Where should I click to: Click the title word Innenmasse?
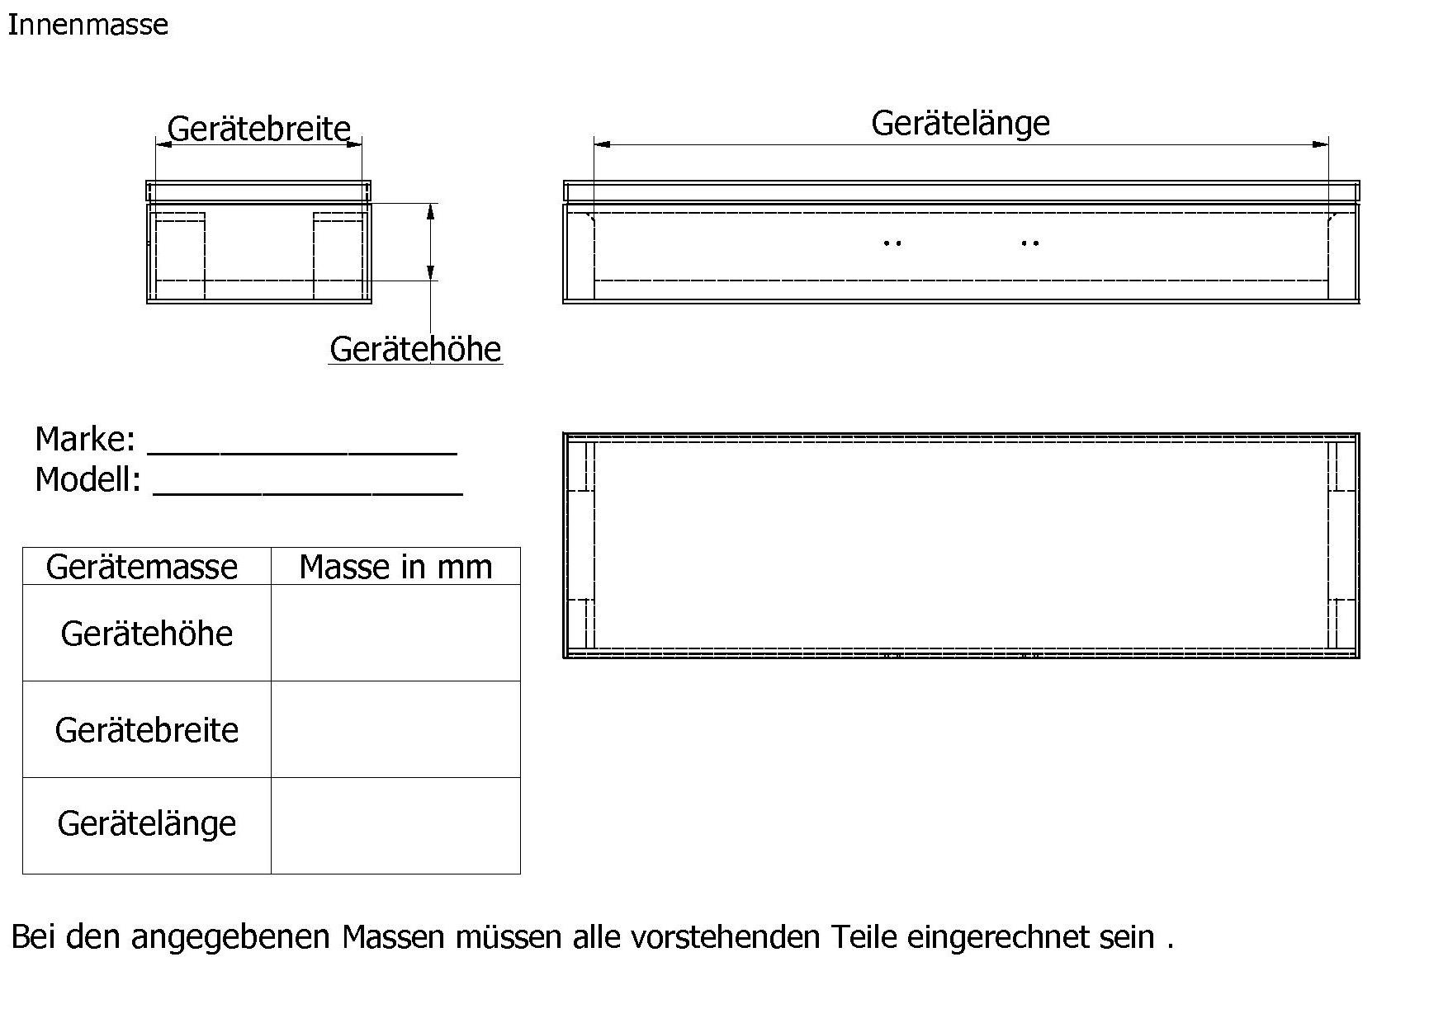coord(88,25)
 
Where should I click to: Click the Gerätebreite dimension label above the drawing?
coord(258,129)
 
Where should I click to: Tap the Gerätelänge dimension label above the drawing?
coord(960,123)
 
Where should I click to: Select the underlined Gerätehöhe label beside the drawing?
coord(415,349)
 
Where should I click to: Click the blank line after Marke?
coord(302,445)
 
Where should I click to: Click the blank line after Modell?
coord(308,486)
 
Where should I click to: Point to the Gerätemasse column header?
coord(142,567)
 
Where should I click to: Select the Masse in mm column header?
coord(395,567)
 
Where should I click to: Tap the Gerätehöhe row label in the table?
coord(147,634)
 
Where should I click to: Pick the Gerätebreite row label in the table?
coord(147,730)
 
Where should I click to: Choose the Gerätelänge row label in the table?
coord(147,823)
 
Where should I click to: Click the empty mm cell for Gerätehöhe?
coord(395,634)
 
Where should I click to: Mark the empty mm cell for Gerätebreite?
coord(395,730)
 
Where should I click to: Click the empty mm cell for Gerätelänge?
coord(395,825)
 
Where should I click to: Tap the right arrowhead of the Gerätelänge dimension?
coord(1321,144)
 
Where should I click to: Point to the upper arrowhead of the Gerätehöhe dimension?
coord(430,212)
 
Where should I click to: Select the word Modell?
coord(88,479)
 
